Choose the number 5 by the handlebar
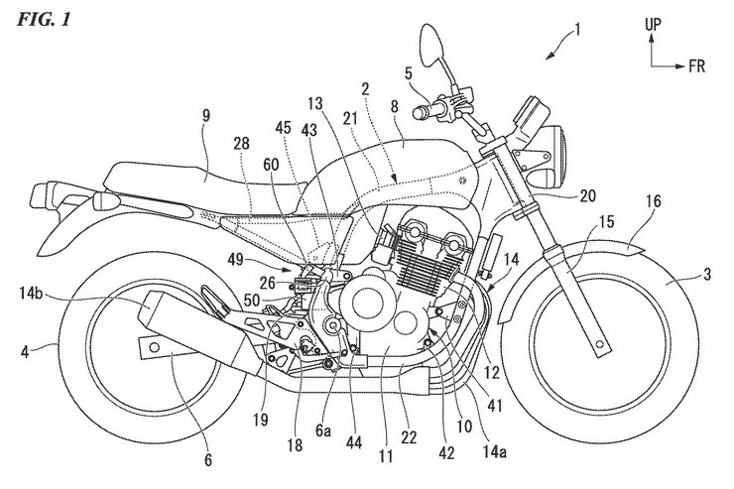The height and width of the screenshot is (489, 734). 408,72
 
